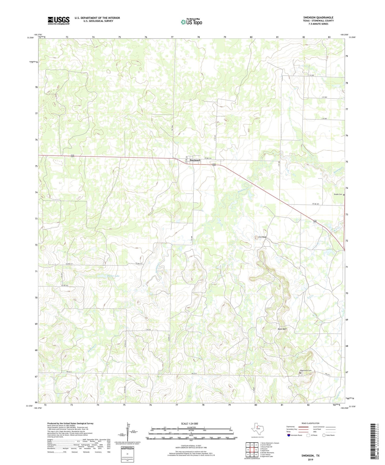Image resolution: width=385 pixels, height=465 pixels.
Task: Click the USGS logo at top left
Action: point(59,21)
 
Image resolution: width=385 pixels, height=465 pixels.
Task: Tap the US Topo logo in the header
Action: point(191,22)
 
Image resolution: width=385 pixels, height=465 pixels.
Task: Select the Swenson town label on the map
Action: point(195,160)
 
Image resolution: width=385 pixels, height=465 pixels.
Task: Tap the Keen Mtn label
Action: point(282,329)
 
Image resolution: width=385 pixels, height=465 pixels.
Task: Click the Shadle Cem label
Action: point(338,194)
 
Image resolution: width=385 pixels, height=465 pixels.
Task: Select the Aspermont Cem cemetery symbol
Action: point(300,373)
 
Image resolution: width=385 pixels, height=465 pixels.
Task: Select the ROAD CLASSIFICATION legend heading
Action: point(310,423)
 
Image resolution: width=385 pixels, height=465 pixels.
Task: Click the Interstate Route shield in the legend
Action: point(290,435)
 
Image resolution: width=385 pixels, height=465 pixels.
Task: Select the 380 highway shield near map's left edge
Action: point(72,156)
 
